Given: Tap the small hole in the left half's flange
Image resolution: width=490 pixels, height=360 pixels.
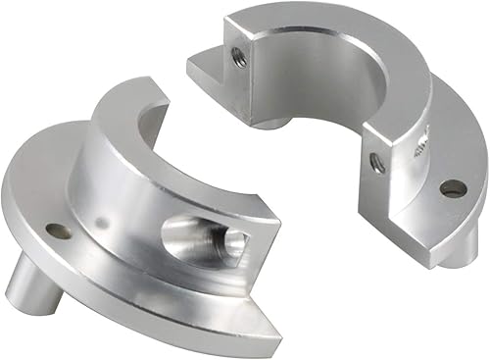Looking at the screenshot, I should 58,232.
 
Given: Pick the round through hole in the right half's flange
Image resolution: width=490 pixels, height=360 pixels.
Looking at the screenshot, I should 451,187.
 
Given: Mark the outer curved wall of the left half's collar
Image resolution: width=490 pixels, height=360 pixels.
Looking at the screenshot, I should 127,206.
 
